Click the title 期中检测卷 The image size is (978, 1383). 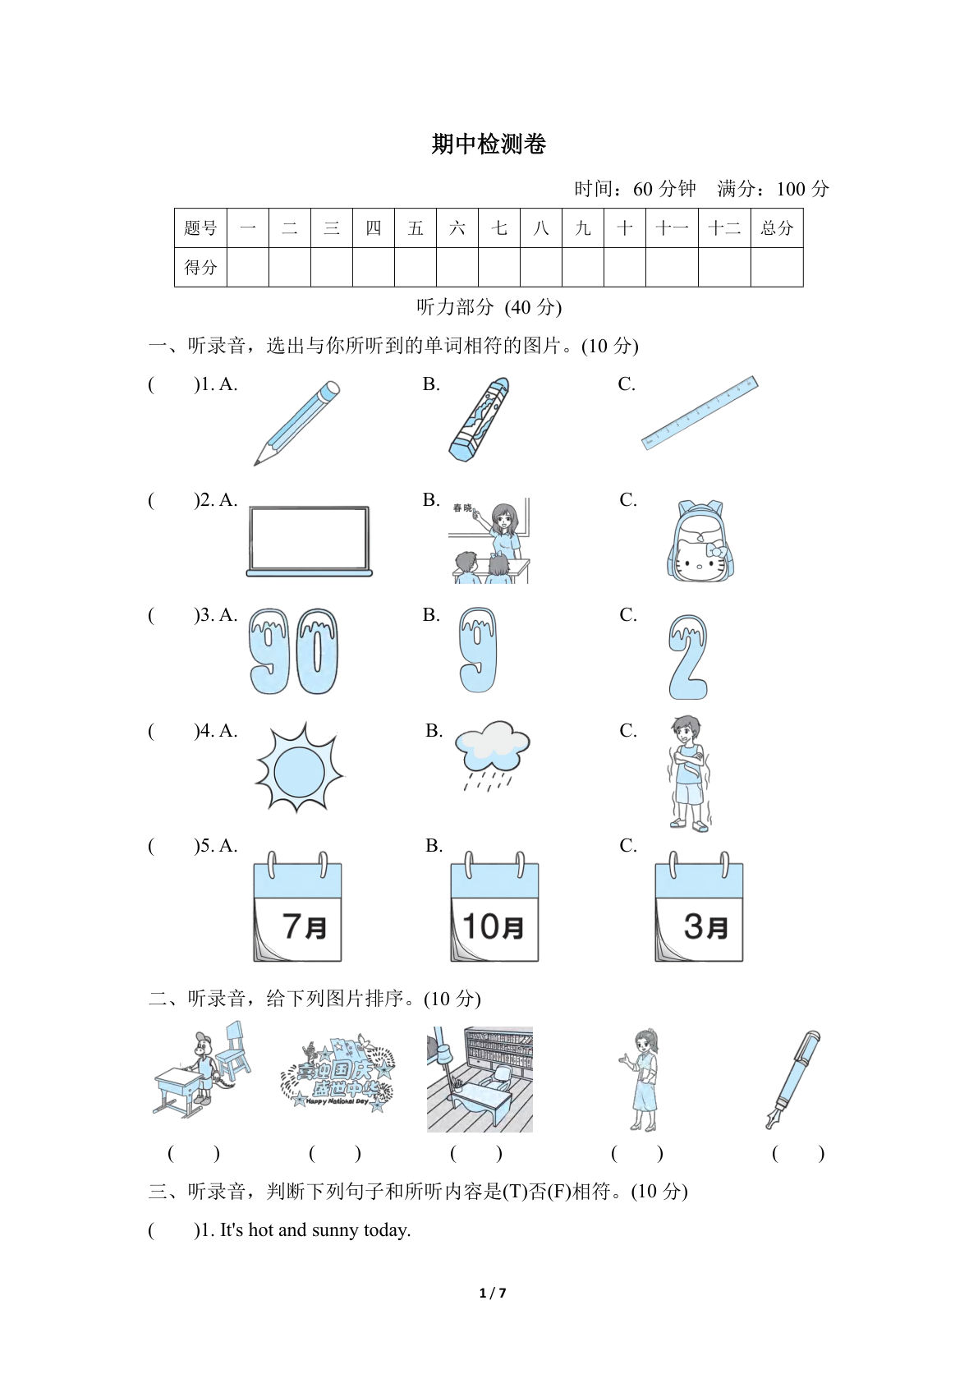(x=489, y=145)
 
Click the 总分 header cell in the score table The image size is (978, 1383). (x=776, y=228)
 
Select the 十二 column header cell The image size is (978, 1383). (x=723, y=228)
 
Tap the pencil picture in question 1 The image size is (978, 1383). (x=296, y=422)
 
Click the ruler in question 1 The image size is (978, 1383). (x=699, y=412)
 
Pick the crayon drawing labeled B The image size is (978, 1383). (x=480, y=419)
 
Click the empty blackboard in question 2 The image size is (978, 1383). (x=309, y=540)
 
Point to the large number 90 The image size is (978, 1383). (x=293, y=652)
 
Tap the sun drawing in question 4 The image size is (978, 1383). (x=299, y=769)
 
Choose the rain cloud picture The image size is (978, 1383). (x=492, y=754)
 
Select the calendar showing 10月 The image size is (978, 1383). (x=494, y=907)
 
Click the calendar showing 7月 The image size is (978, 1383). (x=297, y=907)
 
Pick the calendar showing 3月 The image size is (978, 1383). (x=699, y=907)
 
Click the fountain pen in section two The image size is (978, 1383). (x=793, y=1078)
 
